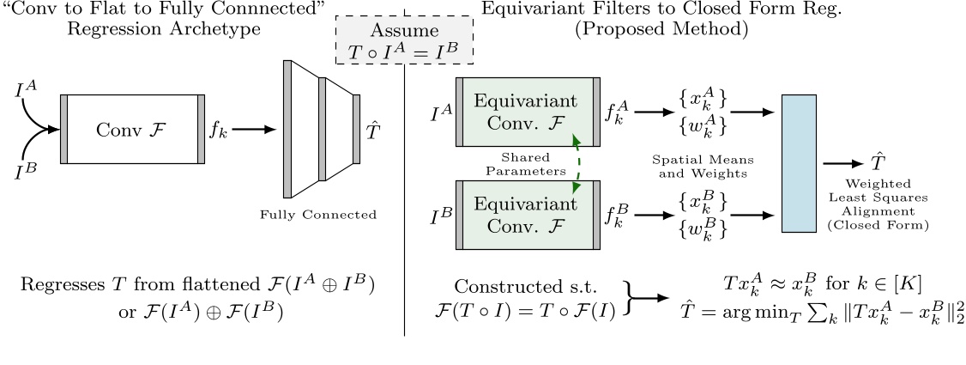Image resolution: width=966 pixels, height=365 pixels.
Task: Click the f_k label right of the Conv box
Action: coord(217,131)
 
